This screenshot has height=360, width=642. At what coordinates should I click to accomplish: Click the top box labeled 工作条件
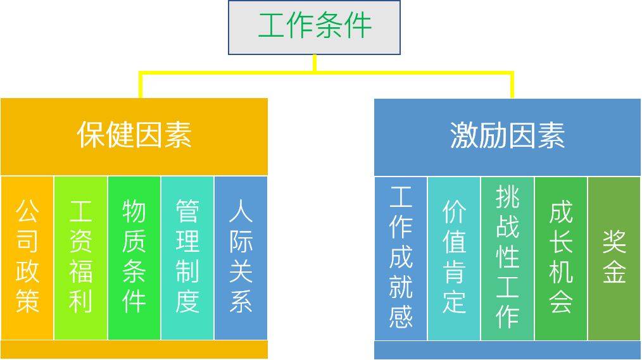click(315, 27)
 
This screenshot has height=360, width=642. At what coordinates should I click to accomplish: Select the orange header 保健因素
click(134, 136)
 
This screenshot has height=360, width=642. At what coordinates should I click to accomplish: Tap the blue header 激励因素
click(507, 136)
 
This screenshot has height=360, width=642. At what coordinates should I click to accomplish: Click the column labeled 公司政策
click(27, 258)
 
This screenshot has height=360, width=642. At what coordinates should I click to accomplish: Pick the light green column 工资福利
click(81, 258)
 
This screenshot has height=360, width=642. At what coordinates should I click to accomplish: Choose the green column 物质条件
click(134, 258)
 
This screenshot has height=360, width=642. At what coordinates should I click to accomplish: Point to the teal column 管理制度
click(187, 258)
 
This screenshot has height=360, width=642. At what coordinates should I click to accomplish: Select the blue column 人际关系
click(241, 258)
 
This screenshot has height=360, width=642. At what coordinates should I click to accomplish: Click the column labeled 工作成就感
click(401, 258)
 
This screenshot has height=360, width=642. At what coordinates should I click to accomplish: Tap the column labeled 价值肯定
click(454, 258)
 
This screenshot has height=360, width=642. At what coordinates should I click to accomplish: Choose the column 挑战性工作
click(508, 258)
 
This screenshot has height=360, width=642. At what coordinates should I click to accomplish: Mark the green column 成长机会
click(561, 258)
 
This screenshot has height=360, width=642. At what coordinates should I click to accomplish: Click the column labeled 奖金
click(614, 258)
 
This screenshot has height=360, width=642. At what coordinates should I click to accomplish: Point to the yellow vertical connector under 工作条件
click(315, 63)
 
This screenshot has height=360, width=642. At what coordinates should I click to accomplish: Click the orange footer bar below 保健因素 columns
click(134, 350)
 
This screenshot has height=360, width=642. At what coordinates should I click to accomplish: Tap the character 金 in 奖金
click(614, 273)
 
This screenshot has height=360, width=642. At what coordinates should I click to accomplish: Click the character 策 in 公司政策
click(27, 302)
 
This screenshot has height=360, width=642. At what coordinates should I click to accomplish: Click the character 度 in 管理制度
click(187, 302)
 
